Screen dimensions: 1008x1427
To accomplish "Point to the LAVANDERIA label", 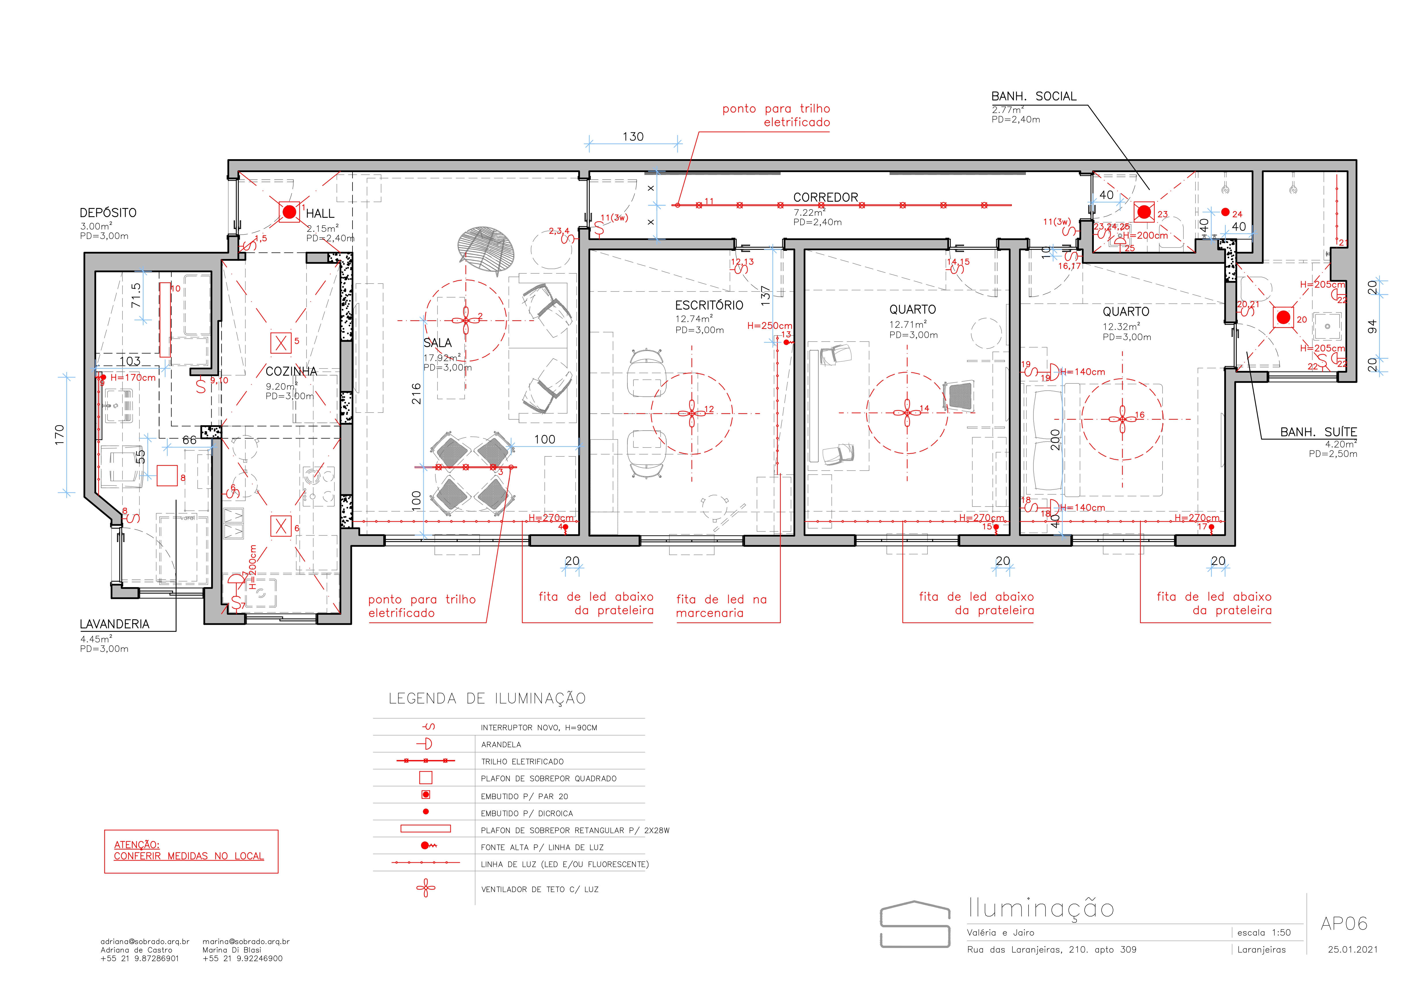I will tap(114, 624).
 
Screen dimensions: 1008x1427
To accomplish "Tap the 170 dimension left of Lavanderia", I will tap(60, 434).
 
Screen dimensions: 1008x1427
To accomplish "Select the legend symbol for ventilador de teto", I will tap(426, 888).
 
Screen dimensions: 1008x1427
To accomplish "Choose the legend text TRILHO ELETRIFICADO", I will tap(522, 762).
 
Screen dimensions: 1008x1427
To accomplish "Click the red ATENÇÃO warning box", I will tap(191, 851).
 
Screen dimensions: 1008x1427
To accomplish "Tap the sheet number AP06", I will tap(1344, 924).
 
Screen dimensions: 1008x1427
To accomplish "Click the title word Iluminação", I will tap(1041, 909).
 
